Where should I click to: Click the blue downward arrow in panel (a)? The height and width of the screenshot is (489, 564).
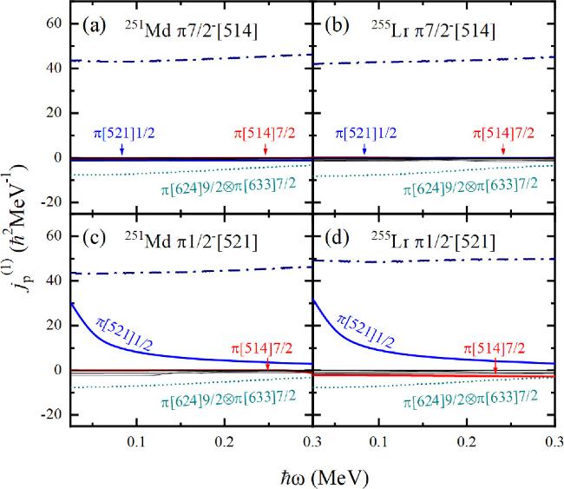coord(121,149)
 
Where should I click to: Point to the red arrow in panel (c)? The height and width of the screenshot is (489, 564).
coord(267,363)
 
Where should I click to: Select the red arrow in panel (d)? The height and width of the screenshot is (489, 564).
coord(495,366)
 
